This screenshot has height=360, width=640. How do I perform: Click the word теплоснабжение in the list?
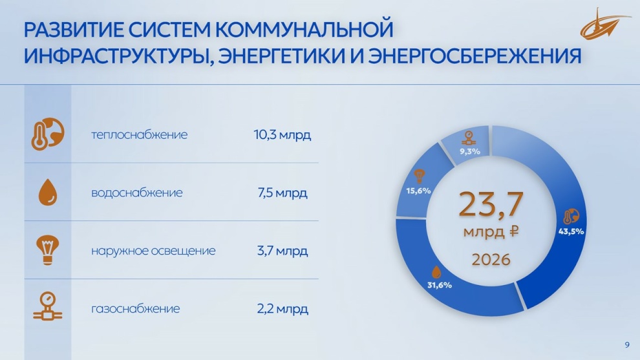point(139,134)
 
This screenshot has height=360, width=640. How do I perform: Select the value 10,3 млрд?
point(283,134)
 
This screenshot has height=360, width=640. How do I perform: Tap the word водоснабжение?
point(137,193)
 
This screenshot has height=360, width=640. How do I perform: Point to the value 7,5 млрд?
point(283,193)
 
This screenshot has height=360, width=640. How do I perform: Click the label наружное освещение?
point(153,251)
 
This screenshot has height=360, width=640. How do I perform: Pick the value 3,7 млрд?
point(283,251)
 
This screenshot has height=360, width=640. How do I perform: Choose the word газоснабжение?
point(136,308)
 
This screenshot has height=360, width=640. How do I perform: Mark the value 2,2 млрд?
point(283,308)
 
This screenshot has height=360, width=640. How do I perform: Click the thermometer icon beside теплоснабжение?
point(48,134)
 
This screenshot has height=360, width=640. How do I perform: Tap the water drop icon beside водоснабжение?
point(48,192)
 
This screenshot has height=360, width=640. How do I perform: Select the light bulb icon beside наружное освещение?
point(48,250)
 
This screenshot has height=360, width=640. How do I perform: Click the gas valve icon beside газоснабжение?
point(48,306)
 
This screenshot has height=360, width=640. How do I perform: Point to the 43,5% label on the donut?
point(571,231)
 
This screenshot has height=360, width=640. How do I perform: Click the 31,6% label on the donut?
point(440,285)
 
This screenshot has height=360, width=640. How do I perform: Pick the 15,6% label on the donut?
point(418,191)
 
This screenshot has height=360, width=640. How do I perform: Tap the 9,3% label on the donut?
point(470,151)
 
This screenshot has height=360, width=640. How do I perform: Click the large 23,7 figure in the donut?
point(491,204)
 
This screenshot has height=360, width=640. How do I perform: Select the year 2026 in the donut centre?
point(491,260)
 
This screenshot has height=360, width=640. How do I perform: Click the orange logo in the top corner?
point(604,24)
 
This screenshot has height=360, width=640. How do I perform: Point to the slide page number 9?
point(627,345)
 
